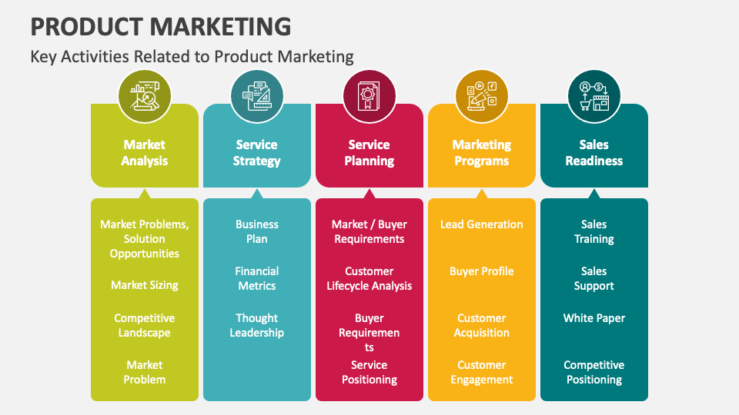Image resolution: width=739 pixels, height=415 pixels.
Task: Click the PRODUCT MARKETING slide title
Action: pyautogui.click(x=161, y=26)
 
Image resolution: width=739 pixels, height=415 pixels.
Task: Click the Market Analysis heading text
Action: pyautogui.click(x=145, y=153)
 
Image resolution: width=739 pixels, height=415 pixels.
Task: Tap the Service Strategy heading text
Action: pyautogui.click(x=257, y=153)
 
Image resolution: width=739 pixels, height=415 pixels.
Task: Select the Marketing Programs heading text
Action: pyautogui.click(x=482, y=153)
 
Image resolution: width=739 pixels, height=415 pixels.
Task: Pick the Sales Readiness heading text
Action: pyautogui.click(x=594, y=153)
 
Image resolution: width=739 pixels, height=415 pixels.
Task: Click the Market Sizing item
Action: pyautogui.click(x=145, y=285)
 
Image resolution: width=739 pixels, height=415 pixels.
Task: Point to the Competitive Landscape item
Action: pyautogui.click(x=145, y=326)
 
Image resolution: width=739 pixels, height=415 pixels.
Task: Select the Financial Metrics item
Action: pyautogui.click(x=257, y=278)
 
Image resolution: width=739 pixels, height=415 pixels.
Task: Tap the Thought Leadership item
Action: pyautogui.click(x=257, y=326)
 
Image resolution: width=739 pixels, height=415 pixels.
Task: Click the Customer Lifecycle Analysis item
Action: pyautogui.click(x=369, y=278)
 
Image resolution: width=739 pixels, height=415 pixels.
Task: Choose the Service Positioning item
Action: pyautogui.click(x=369, y=373)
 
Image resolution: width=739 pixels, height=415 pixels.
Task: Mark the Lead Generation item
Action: pyautogui.click(x=482, y=224)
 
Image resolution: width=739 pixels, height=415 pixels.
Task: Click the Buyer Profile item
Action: pyautogui.click(x=482, y=271)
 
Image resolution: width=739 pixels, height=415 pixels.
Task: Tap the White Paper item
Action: pyautogui.click(x=594, y=318)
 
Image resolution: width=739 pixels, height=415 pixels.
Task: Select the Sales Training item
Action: pyautogui.click(x=594, y=231)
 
